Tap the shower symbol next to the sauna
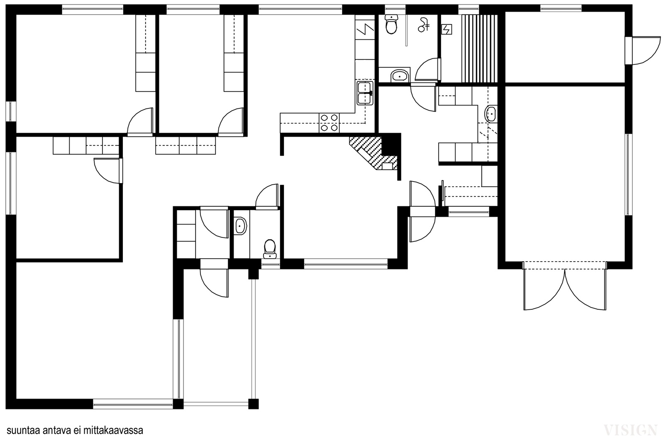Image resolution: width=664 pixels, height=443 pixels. point(424,25)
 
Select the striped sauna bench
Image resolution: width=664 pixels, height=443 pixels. point(479,48)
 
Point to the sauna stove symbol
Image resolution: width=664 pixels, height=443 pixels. point(447,29)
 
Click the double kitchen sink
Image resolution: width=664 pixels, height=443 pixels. point(365,93)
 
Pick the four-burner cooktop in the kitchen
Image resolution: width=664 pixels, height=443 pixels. point(330,123)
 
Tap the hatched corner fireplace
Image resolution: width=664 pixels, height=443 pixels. point(374,153)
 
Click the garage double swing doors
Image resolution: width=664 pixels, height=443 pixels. point(565,286)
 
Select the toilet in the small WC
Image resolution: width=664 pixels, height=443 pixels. point(270,249)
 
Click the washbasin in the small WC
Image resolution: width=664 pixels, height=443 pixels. point(241,226)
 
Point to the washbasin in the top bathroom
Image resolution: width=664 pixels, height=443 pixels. point(400,76)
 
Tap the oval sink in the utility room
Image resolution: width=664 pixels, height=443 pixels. point(491,114)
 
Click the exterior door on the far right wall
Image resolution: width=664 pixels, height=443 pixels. point(642,50)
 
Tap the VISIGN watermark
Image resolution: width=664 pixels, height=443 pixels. point(630,430)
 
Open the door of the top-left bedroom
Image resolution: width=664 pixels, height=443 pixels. point(140,122)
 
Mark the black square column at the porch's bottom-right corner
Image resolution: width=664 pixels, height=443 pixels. point(253,404)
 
